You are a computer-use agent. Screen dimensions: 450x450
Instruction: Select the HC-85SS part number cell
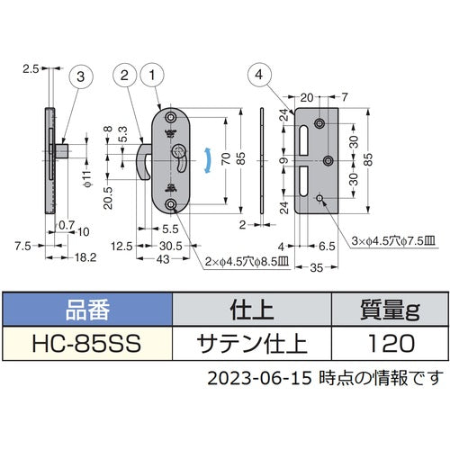pos(86,342)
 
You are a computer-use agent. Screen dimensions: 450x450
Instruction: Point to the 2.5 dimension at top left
pos(31,67)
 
